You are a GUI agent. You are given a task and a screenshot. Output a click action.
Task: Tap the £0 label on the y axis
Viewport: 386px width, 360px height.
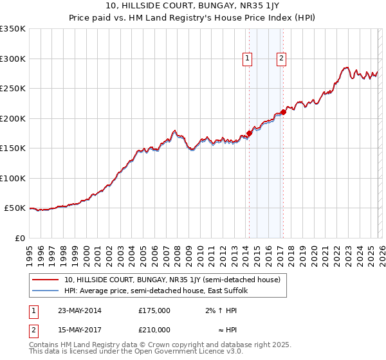click(x=19, y=238)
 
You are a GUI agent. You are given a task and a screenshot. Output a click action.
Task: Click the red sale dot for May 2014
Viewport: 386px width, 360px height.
click(x=250, y=133)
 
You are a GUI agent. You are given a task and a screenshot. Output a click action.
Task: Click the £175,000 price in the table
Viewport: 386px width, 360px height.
click(x=154, y=310)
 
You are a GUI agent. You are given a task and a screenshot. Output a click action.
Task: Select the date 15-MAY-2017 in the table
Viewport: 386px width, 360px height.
click(x=78, y=330)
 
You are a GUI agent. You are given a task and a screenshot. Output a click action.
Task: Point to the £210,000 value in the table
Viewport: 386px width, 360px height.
click(x=154, y=330)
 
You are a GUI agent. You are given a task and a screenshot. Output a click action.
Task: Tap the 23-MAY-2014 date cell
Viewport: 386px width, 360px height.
click(x=78, y=310)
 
